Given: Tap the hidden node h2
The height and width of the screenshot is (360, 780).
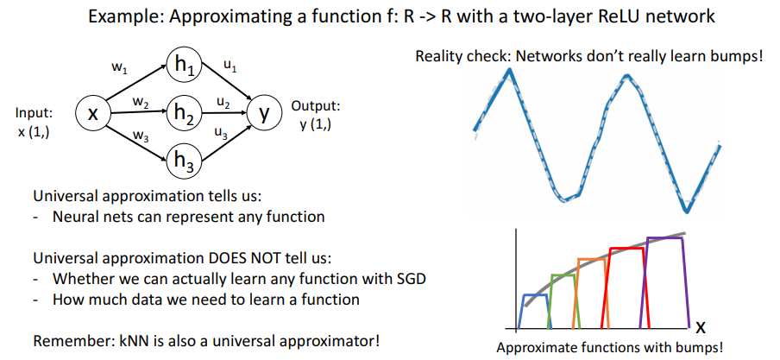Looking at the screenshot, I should (184, 113).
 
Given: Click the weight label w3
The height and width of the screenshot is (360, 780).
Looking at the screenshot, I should (137, 135).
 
